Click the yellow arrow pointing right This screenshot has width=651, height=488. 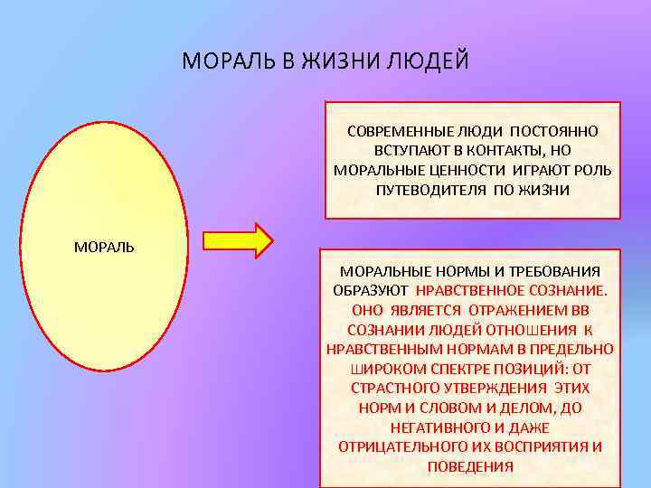pyautogui.click(x=238, y=241)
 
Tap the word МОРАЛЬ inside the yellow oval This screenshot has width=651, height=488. pyautogui.click(x=104, y=247)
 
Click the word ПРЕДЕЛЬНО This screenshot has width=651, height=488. pyautogui.click(x=574, y=350)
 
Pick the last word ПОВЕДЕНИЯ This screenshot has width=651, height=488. pyautogui.click(x=470, y=467)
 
